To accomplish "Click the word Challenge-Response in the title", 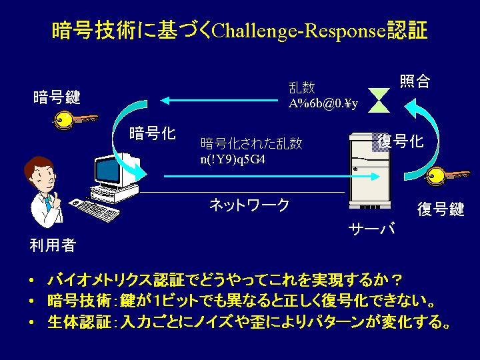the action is [x=298, y=31].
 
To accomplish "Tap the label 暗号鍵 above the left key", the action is [x=57, y=97].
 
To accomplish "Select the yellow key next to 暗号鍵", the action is [x=75, y=120].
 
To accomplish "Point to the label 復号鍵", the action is [x=441, y=209].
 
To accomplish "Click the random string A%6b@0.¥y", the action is [x=323, y=103].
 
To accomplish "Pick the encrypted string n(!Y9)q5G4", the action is [x=233, y=159].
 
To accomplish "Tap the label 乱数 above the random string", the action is [x=302, y=87].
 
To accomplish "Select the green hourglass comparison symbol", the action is [x=379, y=101].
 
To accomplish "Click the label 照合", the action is [x=415, y=81].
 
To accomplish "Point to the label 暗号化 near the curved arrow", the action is [x=153, y=133].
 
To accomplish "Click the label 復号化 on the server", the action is [x=401, y=141].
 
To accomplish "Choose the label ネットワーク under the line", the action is [x=249, y=205].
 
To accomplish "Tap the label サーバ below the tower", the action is [x=371, y=229].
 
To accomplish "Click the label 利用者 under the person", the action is [x=53, y=245].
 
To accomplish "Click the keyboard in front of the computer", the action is [x=95, y=210].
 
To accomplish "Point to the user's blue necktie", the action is [x=48, y=203].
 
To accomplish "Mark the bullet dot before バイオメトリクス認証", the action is [x=31, y=280].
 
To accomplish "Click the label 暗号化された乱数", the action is [x=251, y=143].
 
